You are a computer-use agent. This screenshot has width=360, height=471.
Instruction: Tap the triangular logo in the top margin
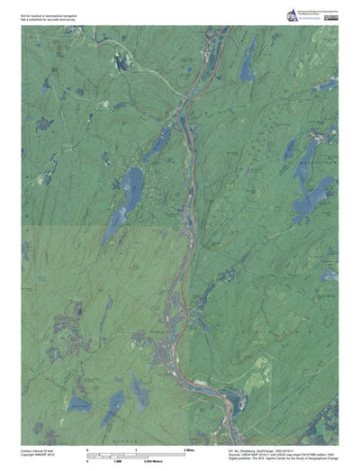(292, 15)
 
